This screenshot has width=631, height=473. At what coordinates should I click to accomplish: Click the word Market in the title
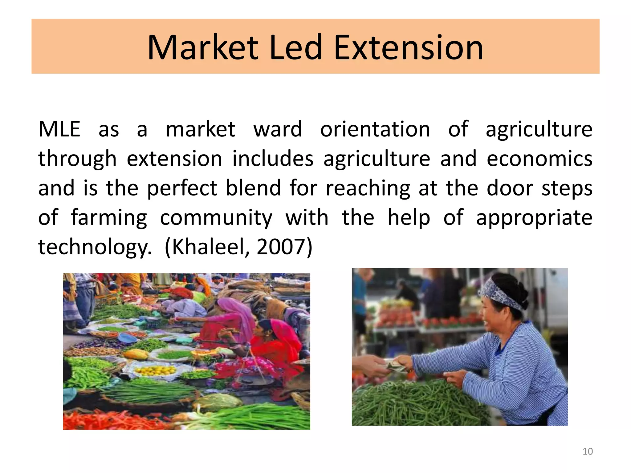(203, 48)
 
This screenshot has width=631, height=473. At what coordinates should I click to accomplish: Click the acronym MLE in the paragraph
(59, 129)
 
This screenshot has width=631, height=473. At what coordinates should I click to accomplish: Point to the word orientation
(375, 129)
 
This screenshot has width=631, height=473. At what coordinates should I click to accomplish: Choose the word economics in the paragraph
(539, 159)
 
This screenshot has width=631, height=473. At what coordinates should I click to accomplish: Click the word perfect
(182, 188)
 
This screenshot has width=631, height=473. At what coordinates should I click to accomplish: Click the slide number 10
(588, 451)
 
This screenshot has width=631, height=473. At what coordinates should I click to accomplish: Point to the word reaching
(368, 188)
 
